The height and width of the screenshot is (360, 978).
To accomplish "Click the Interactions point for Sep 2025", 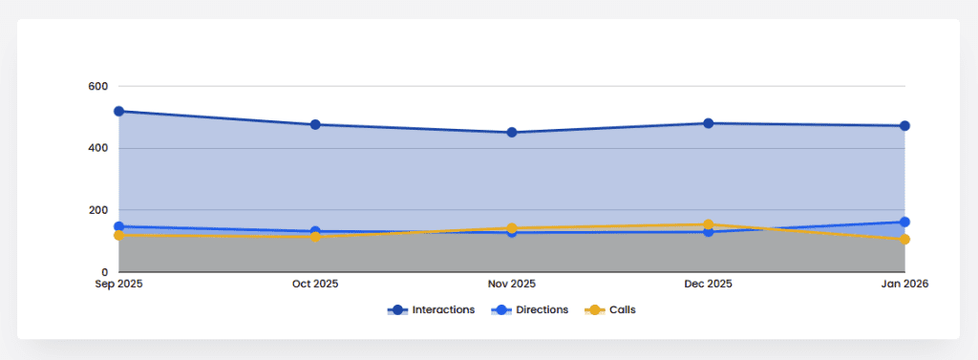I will pos(118,111).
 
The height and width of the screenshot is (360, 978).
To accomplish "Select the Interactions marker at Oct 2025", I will pos(315,124).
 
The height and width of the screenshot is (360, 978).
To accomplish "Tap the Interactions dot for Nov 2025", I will pos(512,133).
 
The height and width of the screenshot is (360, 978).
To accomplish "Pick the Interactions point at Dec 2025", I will pos(708,123).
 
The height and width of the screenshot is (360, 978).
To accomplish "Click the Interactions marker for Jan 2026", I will pos(904,126).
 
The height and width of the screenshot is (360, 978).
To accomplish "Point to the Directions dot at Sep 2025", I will pos(118,226).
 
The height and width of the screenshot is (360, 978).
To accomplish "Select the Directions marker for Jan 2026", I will pos(904,222).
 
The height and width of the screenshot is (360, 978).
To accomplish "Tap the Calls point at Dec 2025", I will pos(708,224).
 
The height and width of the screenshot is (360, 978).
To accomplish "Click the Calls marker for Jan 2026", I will pos(904,240).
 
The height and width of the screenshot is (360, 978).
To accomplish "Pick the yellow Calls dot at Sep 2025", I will pos(118,235).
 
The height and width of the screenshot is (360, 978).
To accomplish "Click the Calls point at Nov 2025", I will pos(512,228).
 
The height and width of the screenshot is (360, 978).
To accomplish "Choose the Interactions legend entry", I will pos(431,310).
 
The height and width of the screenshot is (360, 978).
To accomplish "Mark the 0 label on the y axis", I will pos(104,272).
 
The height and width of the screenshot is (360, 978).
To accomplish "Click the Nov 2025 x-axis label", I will pos(512,285).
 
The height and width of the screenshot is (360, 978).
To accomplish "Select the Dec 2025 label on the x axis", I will pos(708,285).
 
